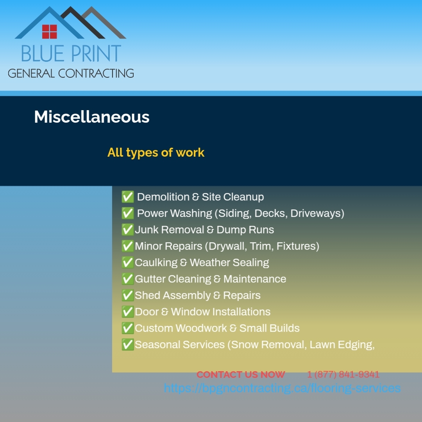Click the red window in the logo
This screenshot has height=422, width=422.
(50, 32)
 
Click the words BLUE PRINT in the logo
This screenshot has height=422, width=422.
(71, 54)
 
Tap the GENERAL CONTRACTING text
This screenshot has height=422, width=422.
(71, 73)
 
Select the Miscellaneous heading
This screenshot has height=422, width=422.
(92, 117)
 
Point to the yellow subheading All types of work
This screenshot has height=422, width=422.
(156, 152)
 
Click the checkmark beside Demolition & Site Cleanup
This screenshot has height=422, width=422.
(128, 197)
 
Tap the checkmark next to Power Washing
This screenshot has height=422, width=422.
(128, 213)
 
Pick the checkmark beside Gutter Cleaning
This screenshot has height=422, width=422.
(128, 279)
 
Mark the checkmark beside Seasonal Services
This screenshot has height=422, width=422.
(128, 345)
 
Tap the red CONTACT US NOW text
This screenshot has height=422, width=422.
(241, 375)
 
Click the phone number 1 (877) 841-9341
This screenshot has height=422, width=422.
(343, 375)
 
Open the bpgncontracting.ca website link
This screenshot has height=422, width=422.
(282, 388)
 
